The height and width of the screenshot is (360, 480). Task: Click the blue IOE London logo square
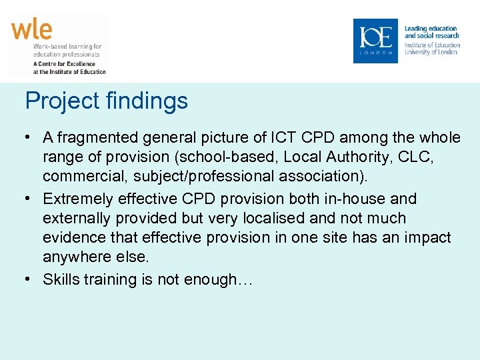click(x=375, y=41)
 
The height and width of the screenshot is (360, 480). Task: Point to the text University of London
click(x=431, y=52)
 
